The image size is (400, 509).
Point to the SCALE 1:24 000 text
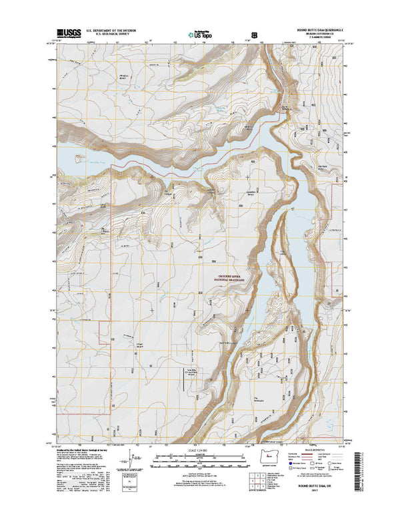pyautogui.click(x=199, y=450)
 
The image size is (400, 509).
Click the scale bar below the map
pyautogui.click(x=199, y=459)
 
